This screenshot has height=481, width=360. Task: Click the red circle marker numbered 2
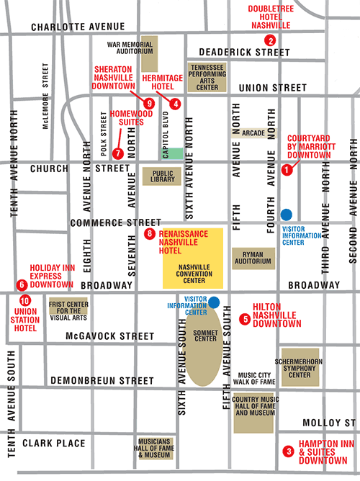pos(270,40)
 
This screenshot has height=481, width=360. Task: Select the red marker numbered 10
pos(25,301)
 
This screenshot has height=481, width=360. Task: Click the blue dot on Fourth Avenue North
pos(286,214)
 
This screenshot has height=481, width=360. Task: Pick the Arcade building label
pos(250,132)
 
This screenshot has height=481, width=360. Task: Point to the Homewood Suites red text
pos(130,117)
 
